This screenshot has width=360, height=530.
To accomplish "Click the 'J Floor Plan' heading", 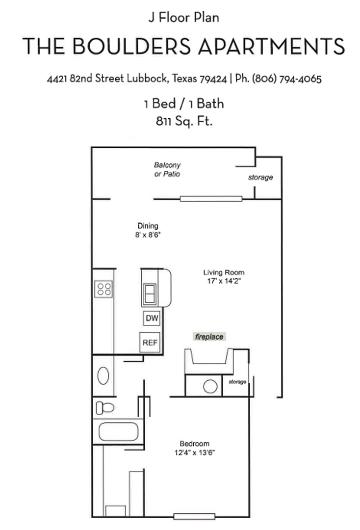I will (x=183, y=18).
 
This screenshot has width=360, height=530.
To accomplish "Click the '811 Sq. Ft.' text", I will (x=184, y=121).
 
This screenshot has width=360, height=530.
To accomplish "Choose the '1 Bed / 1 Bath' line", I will (x=184, y=104).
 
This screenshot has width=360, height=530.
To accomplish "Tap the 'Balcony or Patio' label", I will (x=167, y=170).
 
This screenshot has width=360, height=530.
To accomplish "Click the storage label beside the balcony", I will (x=260, y=177).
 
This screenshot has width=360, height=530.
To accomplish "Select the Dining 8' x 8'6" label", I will (x=148, y=230).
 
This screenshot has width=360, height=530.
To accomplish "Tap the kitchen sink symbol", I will (x=150, y=293).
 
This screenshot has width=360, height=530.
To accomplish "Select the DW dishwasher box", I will (x=152, y=318).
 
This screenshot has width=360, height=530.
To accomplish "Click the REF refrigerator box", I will (x=150, y=343).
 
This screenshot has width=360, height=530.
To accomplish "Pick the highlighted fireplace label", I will (x=209, y=337).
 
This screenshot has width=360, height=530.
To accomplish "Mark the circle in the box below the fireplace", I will (x=210, y=386).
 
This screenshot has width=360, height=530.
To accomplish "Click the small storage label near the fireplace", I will (x=237, y=382).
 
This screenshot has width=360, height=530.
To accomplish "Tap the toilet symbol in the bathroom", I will (x=104, y=407).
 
